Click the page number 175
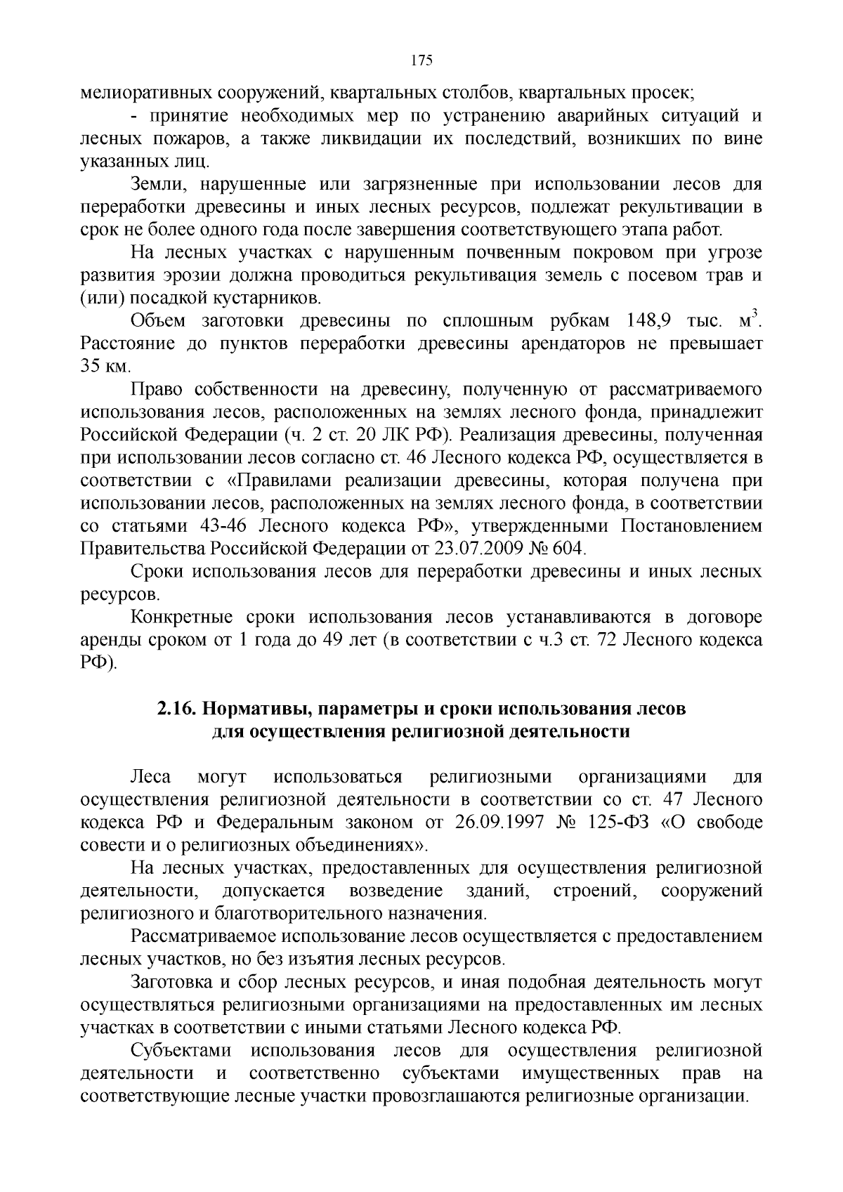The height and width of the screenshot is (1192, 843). coord(421,60)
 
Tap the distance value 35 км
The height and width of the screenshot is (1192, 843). coord(105,367)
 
